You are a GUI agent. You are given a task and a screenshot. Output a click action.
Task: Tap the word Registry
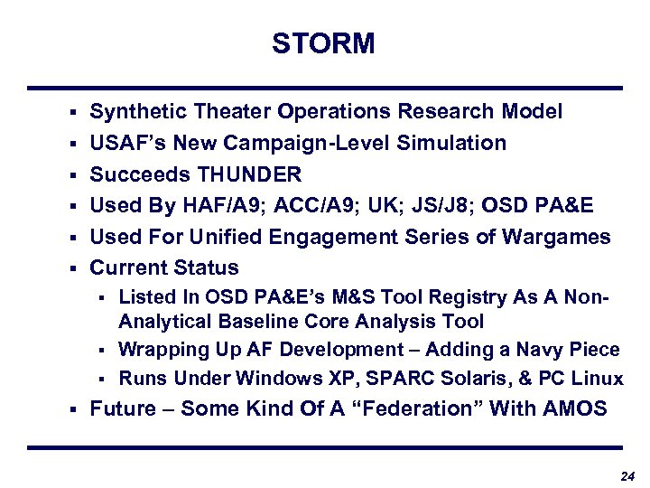point(443,296)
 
